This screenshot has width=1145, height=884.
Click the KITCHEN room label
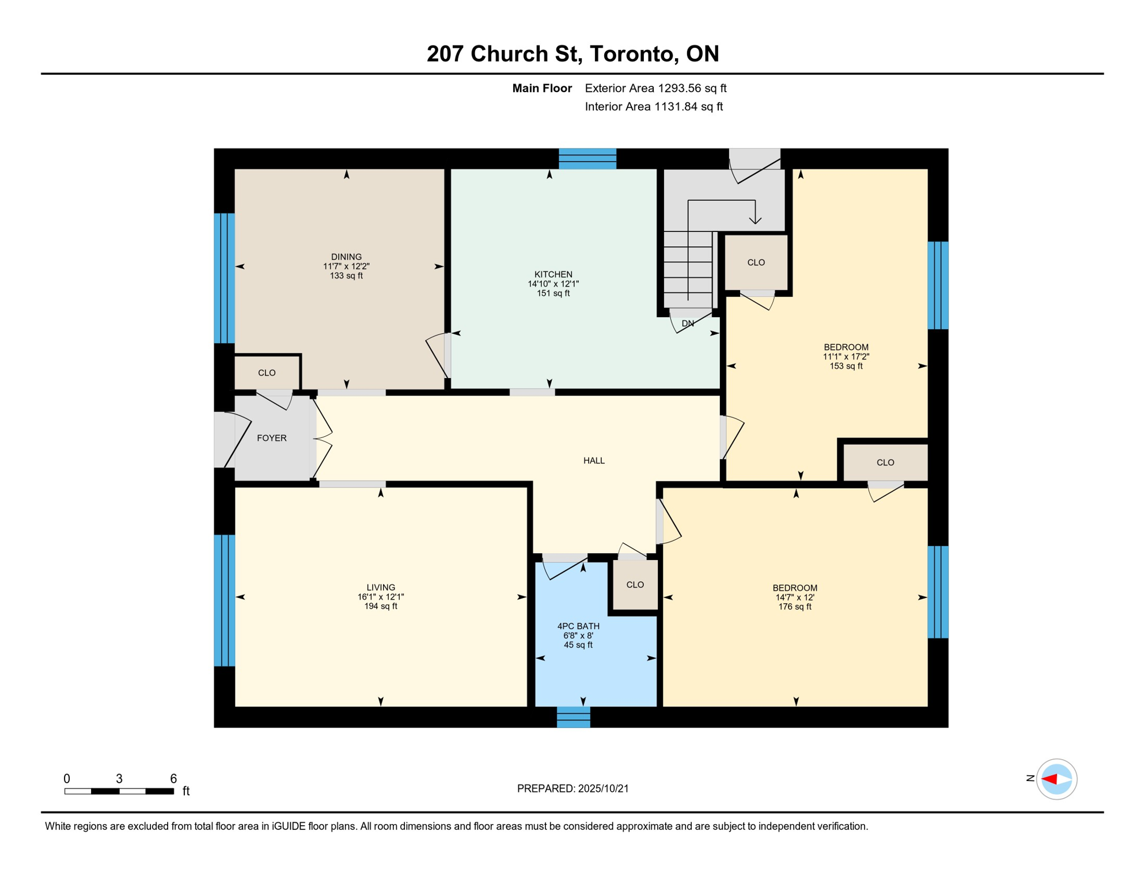553,275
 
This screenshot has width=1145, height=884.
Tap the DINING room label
346,257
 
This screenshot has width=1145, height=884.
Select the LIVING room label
381,588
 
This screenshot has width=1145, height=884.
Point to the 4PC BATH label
578,626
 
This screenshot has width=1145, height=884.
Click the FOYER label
271,438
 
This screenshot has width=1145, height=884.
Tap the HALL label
594,460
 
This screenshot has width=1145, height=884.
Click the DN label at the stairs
688,323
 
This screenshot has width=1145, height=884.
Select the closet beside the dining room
267,373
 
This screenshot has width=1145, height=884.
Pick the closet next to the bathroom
635,585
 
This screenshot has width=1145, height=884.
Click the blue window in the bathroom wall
574,717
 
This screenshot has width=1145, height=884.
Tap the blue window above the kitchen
587,159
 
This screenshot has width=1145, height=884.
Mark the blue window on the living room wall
225,600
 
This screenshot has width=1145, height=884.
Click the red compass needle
1049,779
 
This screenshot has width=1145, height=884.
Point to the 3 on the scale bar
119,779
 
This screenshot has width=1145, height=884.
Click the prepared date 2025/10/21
603,788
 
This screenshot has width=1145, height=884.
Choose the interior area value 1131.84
676,106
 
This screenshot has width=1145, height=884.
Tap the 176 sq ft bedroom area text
795,607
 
